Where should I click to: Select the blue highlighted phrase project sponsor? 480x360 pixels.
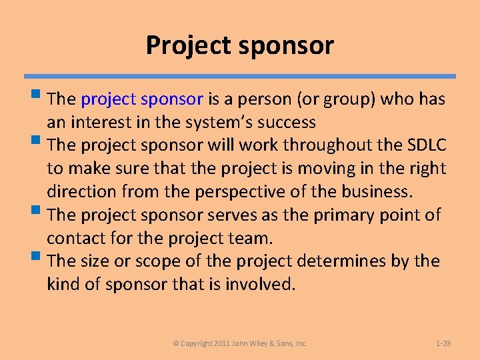(142, 99)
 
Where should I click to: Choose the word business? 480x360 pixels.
(376, 192)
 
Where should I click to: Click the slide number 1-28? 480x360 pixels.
(443, 343)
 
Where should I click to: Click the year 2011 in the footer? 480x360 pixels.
(223, 343)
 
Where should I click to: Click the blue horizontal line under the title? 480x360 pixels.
(240, 77)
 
